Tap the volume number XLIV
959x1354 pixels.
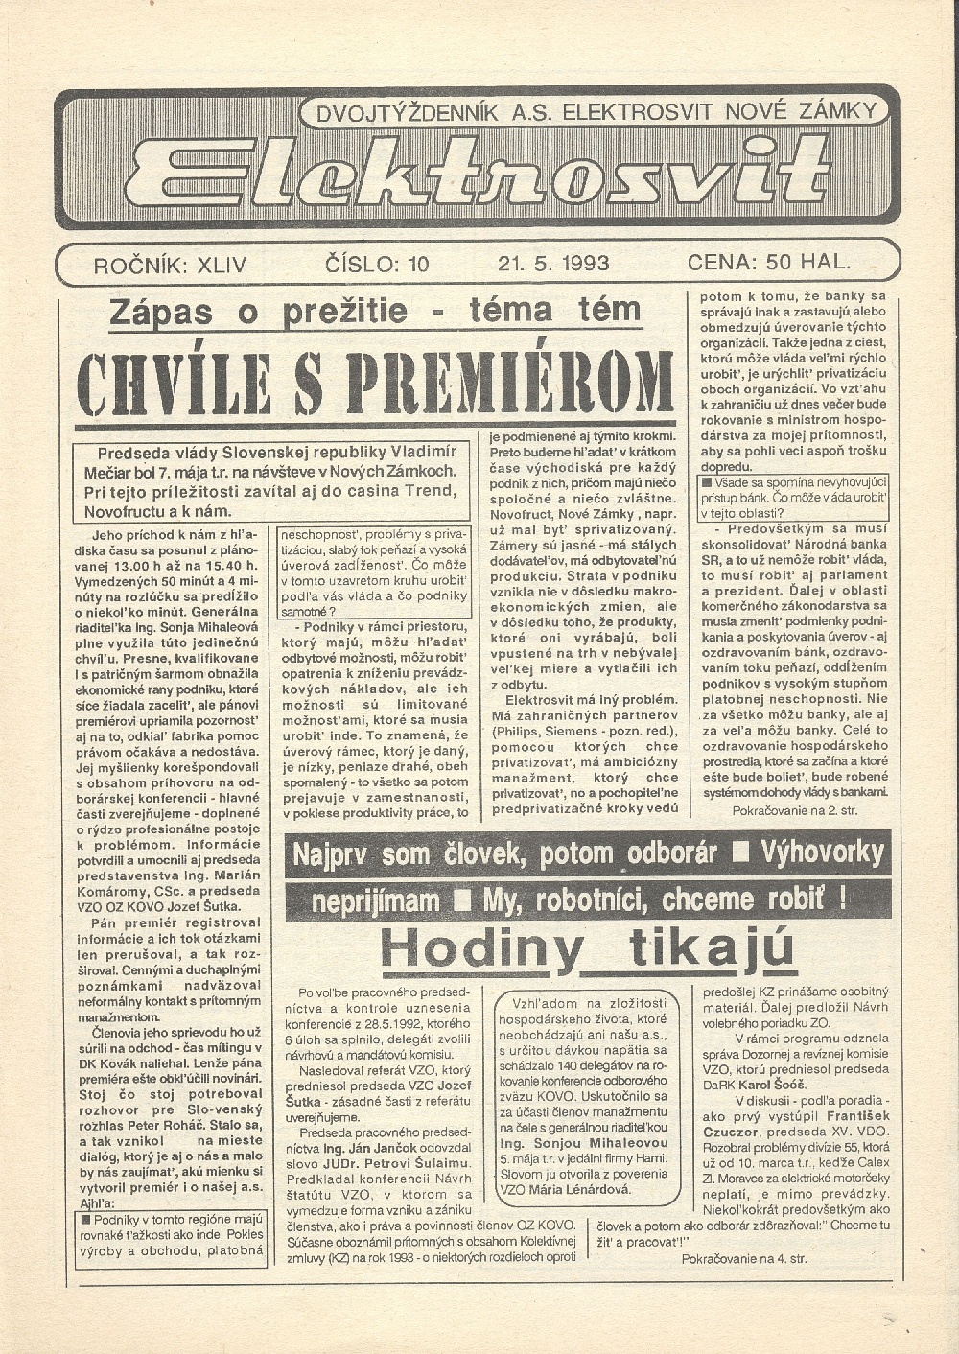click(220, 265)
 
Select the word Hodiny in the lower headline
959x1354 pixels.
click(480, 947)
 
